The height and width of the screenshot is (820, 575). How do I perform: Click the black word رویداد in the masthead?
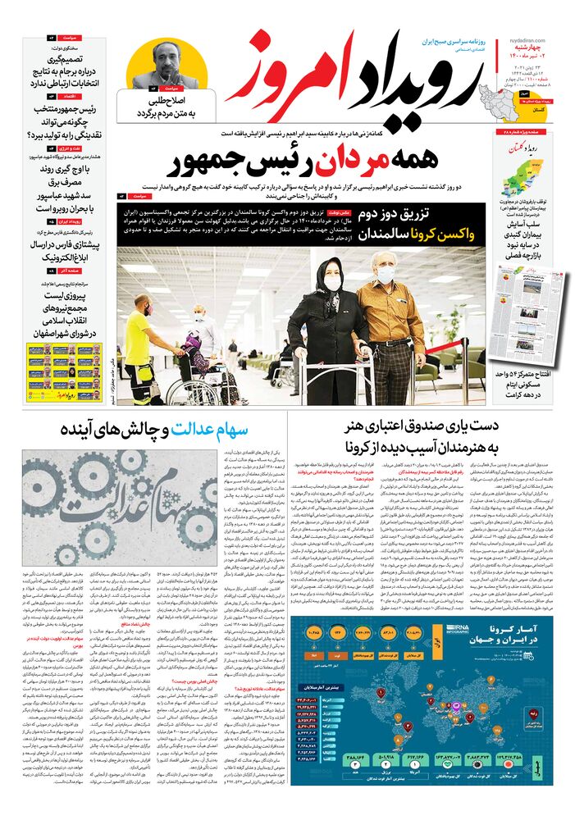point(411,86)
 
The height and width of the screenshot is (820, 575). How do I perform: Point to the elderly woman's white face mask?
point(333,283)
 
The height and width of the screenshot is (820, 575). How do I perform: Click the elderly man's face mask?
point(386,275)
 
